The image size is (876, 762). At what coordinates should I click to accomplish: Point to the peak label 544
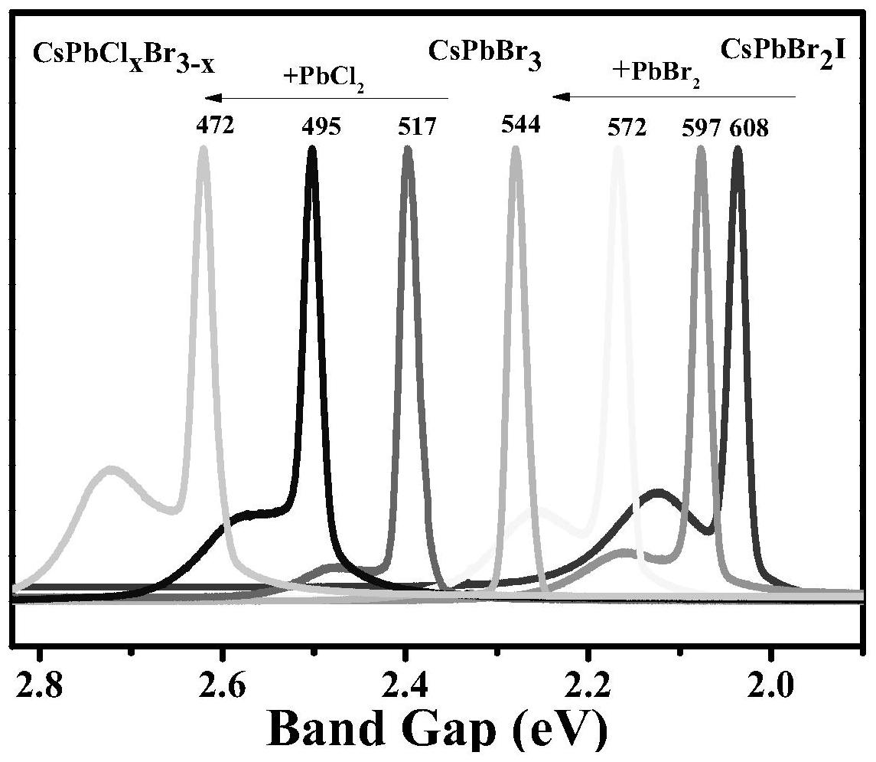click(520, 124)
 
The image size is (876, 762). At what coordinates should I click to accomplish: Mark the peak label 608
click(748, 126)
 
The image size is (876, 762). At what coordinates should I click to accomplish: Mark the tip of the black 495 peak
click(311, 149)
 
